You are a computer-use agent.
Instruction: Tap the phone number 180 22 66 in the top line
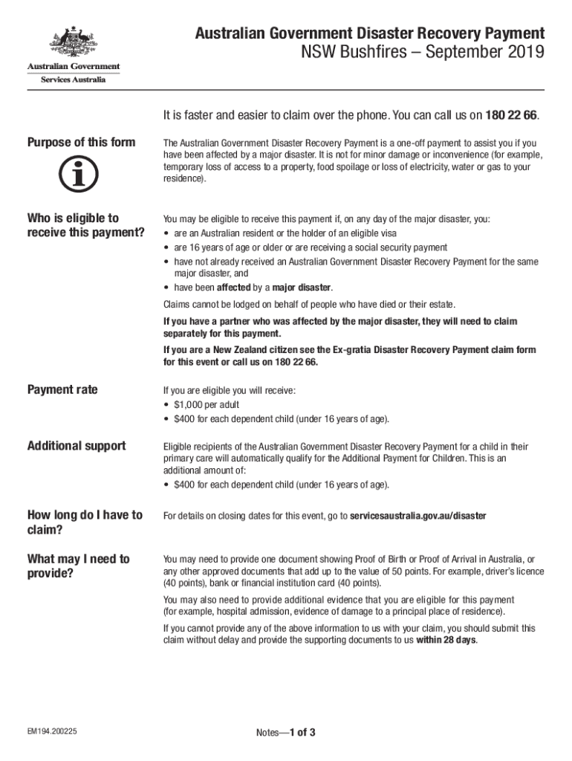(x=512, y=115)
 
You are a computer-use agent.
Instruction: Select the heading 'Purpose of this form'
(x=81, y=142)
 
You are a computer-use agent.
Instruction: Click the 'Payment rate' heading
(x=62, y=389)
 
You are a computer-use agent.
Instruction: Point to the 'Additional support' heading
(x=77, y=446)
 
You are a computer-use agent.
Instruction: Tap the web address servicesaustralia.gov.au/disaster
(x=418, y=515)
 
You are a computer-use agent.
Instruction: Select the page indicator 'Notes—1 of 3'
(x=286, y=733)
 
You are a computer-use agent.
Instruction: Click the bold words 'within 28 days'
(x=446, y=640)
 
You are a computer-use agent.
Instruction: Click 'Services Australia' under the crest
(x=73, y=80)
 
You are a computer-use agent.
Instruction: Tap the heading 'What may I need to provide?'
(x=78, y=566)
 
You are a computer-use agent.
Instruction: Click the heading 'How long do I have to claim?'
(x=85, y=522)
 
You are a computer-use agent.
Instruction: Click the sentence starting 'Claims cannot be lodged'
(x=309, y=305)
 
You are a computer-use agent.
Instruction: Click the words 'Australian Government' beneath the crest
(x=74, y=67)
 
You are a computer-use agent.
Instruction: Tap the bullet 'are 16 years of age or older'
(x=311, y=247)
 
